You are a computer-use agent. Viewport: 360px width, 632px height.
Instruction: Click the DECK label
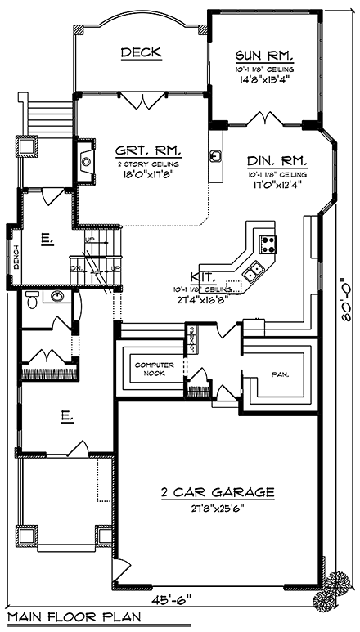(141, 53)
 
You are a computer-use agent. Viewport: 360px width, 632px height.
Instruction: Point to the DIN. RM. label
(277, 161)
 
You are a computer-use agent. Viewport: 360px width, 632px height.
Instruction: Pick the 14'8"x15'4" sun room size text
(264, 79)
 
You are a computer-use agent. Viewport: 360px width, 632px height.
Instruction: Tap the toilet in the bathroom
(30, 300)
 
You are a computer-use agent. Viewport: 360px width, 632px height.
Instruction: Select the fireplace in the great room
(86, 159)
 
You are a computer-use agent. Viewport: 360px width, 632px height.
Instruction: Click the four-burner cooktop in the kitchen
(268, 242)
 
